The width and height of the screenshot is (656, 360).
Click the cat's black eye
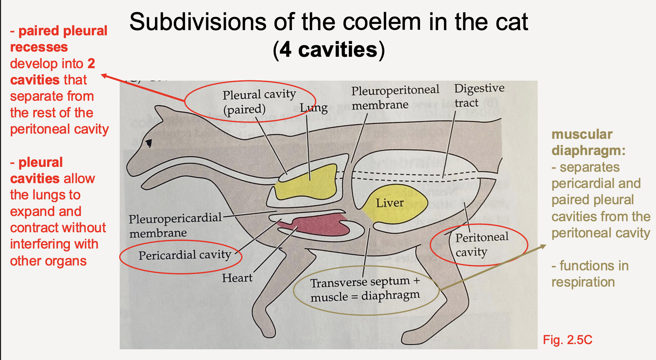click(x=149, y=143)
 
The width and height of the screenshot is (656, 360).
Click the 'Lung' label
click(x=313, y=108)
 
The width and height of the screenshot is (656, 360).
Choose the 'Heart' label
click(x=237, y=278)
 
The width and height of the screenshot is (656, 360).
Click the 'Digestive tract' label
click(x=479, y=95)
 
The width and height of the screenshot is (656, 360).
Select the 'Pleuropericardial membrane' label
click(x=175, y=225)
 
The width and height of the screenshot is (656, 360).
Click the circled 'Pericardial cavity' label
click(x=184, y=255)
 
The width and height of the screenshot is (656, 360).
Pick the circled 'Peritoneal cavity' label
click(x=481, y=244)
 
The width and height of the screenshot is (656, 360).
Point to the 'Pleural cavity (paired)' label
click(x=259, y=101)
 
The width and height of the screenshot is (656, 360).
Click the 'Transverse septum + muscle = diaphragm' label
click(x=365, y=289)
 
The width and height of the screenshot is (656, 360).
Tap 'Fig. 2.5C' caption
click(x=567, y=340)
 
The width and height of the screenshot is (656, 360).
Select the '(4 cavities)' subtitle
click(x=329, y=50)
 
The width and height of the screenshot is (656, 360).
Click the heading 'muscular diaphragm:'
click(x=588, y=142)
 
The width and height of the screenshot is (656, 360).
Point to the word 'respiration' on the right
click(x=583, y=282)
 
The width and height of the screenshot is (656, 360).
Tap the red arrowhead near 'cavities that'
click(x=104, y=75)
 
